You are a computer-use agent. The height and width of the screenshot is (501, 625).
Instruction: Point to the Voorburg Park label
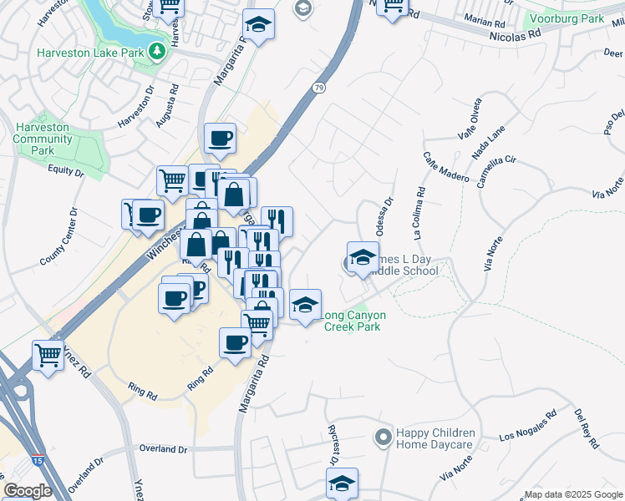(575, 18)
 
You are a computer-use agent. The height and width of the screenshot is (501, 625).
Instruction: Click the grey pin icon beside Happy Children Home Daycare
(383, 438)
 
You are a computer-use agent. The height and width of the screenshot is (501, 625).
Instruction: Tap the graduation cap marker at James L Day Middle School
(363, 258)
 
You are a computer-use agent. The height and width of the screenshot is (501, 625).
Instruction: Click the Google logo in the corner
(28, 491)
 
